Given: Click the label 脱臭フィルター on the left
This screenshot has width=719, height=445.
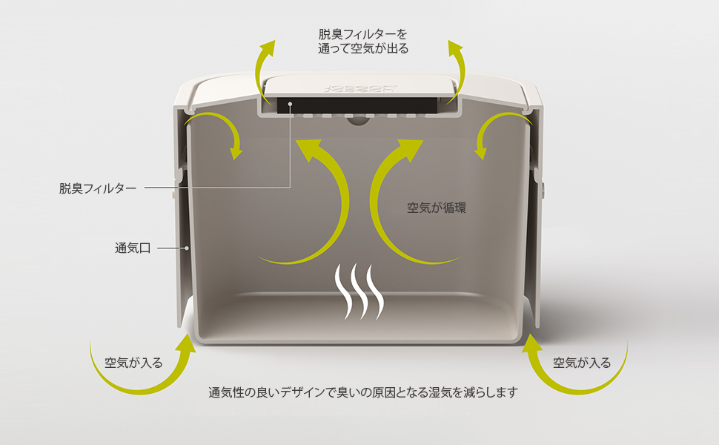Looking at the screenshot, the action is coord(98,188).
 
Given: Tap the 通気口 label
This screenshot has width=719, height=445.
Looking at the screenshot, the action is coord(133,248).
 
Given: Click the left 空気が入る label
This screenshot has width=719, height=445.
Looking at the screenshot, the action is coord(133,363).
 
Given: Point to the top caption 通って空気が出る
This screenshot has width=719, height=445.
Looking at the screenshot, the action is coord(363,49).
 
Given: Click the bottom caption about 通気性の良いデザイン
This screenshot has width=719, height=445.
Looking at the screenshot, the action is coord(362,392).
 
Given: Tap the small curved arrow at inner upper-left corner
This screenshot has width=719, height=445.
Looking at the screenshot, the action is coord(219,133).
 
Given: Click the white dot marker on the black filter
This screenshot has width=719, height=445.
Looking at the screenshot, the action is coord(291,105).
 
